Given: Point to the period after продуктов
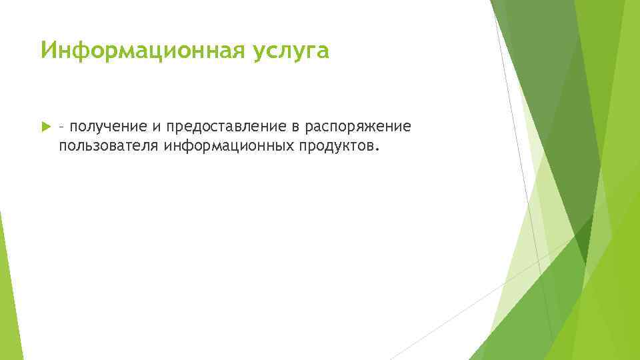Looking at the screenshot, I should coord(379,149).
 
